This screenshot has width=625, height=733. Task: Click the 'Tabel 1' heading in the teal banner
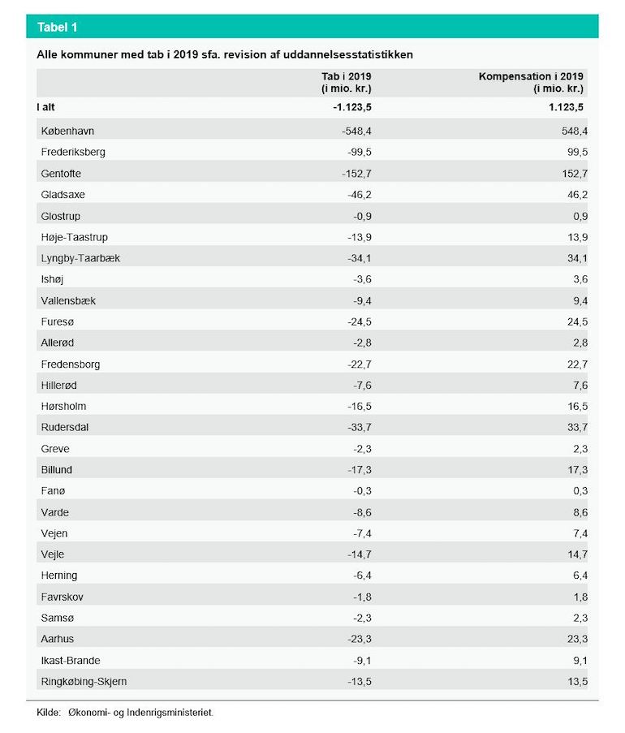tap(57, 27)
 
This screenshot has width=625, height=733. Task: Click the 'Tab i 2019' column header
tap(347, 76)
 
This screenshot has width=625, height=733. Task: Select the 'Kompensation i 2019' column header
tap(531, 76)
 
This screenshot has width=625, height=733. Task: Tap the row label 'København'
tap(67, 131)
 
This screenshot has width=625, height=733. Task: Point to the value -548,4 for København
tap(356, 132)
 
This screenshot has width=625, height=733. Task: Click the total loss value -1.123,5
tap(352, 107)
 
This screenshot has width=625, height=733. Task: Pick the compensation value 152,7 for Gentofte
tap(575, 174)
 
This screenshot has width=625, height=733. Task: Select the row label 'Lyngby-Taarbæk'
tap(80, 258)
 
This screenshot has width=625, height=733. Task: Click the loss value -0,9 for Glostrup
tap(362, 217)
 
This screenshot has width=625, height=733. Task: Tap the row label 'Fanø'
tap(53, 491)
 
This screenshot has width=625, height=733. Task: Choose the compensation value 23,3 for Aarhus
tap(578, 639)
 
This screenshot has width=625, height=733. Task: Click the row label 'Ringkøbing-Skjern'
tap(84, 682)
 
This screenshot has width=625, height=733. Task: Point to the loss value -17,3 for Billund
tap(360, 470)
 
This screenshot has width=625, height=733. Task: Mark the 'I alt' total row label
tap(45, 107)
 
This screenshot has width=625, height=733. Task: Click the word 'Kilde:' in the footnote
tap(49, 713)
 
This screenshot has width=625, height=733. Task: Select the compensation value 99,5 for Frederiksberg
tap(578, 153)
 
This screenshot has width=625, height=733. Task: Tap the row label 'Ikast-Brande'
tap(71, 661)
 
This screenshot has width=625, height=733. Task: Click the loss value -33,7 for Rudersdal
tap(360, 427)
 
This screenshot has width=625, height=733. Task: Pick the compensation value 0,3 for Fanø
tap(580, 491)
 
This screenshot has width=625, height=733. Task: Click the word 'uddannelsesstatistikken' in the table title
tap(348, 54)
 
